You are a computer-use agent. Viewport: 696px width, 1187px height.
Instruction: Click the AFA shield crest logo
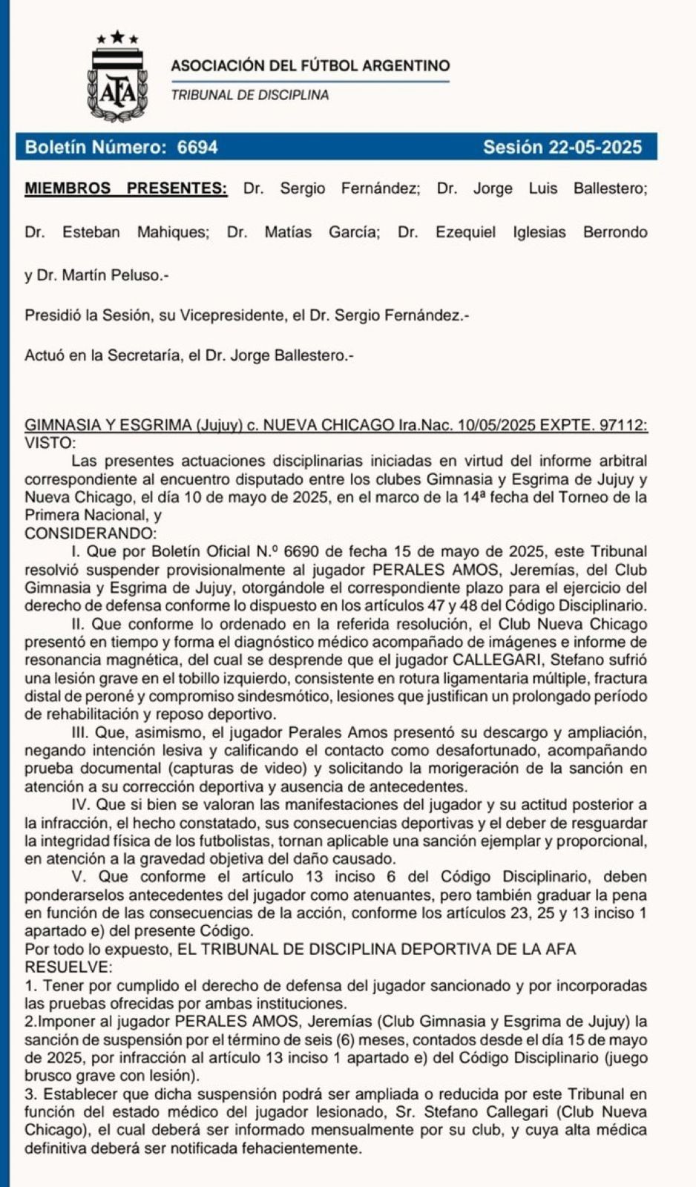coord(117,84)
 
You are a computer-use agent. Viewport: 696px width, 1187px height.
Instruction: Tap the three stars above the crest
coord(117,36)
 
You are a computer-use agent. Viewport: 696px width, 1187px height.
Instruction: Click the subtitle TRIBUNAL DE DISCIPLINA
coord(250,95)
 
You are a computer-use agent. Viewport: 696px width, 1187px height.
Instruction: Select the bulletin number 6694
coord(197,147)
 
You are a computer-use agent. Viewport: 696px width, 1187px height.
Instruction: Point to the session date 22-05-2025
coord(595,147)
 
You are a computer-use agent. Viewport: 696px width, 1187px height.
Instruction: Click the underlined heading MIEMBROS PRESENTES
coord(126,188)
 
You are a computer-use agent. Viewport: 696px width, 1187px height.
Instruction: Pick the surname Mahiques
coord(173,232)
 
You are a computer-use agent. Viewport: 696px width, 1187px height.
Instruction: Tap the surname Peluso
coord(143,275)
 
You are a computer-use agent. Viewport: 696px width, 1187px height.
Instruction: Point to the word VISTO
coord(49,443)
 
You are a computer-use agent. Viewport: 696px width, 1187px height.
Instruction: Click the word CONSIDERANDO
coord(91,533)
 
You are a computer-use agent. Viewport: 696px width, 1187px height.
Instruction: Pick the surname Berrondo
coord(615,232)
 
